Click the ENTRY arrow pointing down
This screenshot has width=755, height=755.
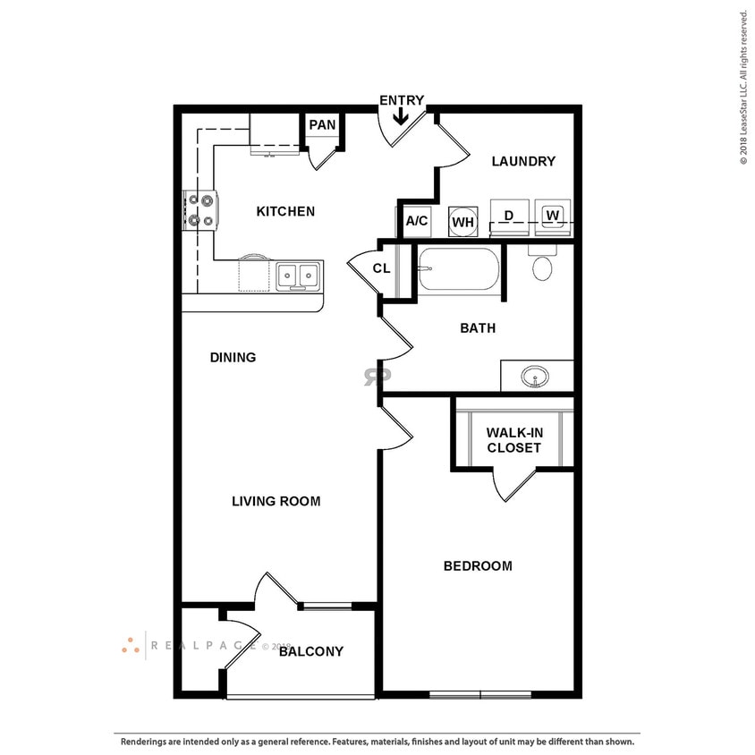click(402, 116)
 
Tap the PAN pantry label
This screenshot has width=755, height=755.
click(322, 125)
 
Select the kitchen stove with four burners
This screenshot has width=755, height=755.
click(199, 211)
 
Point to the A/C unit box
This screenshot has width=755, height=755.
click(417, 221)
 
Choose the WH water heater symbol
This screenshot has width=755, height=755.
click(462, 221)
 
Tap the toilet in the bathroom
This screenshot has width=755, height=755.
click(542, 266)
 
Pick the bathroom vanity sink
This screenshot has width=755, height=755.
click(536, 377)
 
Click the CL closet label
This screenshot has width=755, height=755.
click(381, 268)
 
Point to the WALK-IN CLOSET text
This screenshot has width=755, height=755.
click(513, 440)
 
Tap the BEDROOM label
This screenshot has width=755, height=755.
click(478, 566)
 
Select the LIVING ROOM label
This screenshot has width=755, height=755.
click(276, 501)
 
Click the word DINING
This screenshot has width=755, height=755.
click(233, 358)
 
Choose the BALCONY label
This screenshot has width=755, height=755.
click(310, 651)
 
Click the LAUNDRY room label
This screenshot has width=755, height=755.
click(523, 162)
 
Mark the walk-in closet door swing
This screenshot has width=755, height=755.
click(513, 484)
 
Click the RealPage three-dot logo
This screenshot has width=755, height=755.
click(131, 645)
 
